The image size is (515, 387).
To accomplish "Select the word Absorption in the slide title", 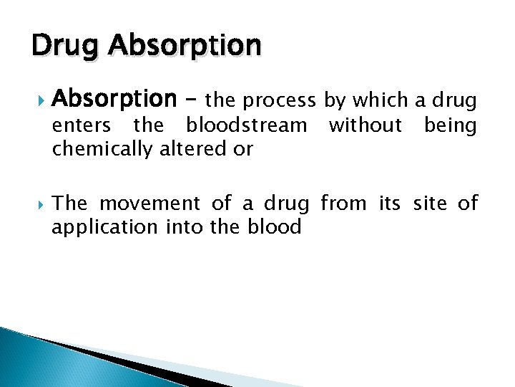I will (185, 46).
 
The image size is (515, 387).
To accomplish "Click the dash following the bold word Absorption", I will (191, 100).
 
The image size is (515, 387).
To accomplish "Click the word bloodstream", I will (245, 125).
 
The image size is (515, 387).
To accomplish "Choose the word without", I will (365, 125).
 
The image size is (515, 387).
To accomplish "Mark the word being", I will (450, 126).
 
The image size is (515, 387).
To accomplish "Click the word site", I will (430, 204).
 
